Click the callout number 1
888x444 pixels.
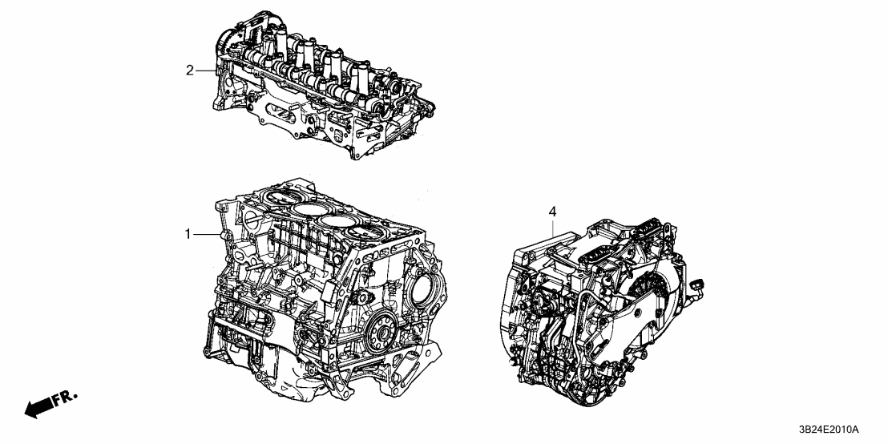point(188,234)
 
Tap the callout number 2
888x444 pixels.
point(190,71)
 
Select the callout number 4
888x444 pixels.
point(551,211)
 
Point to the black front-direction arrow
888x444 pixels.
point(37,409)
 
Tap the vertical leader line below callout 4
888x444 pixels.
point(552,224)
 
